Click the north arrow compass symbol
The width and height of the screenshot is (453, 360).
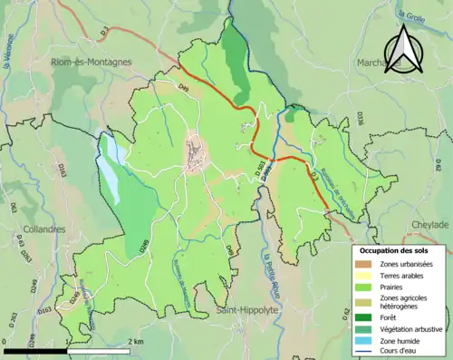coord(403,49)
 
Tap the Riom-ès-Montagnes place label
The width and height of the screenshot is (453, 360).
coord(92,62)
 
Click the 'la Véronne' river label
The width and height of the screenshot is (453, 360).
coord(11,63)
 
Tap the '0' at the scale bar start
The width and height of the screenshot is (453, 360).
coord(5,342)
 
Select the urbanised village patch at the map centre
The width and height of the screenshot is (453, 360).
coord(196,155)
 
